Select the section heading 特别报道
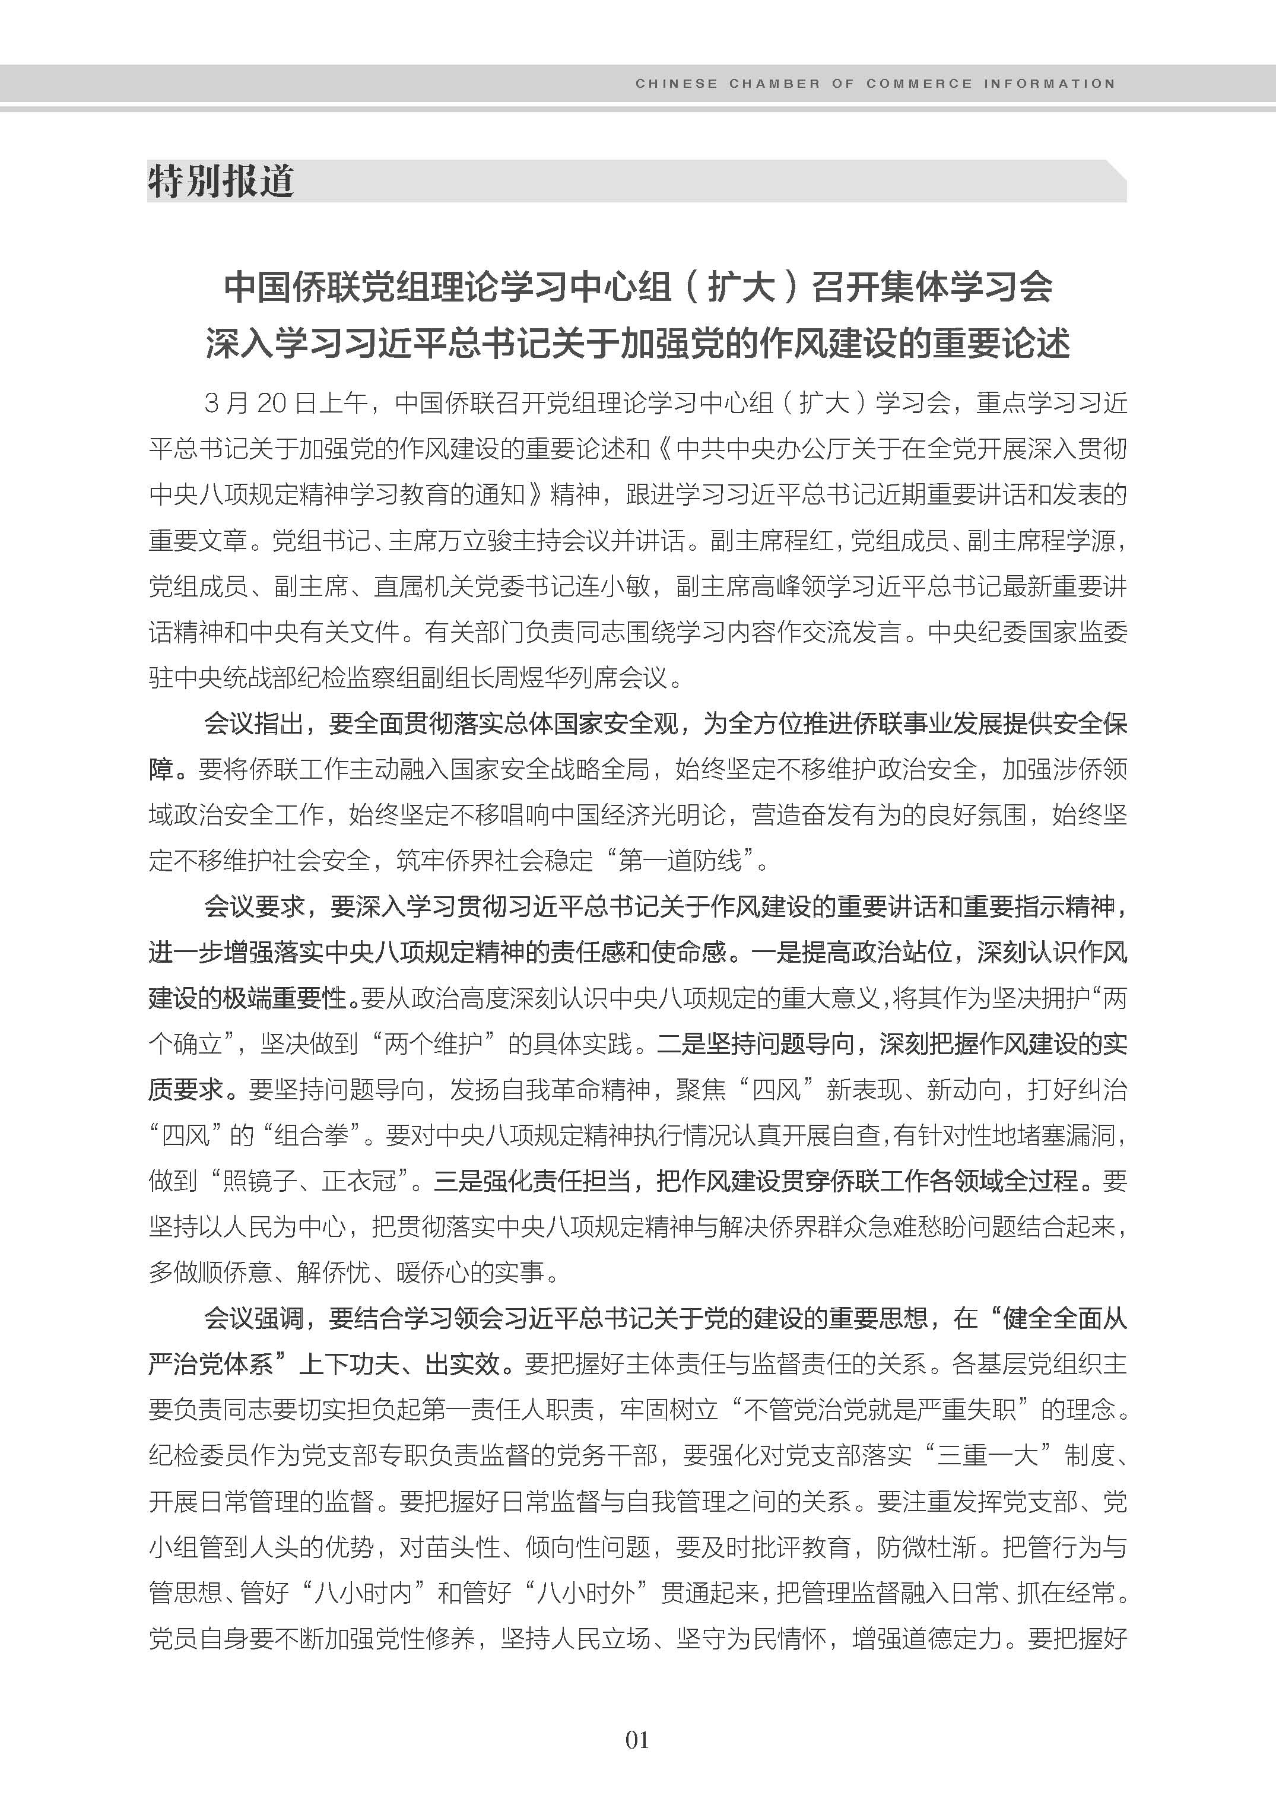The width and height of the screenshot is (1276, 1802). [221, 182]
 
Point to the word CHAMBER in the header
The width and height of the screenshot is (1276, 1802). [775, 83]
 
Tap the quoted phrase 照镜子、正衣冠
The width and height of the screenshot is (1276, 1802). [311, 1181]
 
